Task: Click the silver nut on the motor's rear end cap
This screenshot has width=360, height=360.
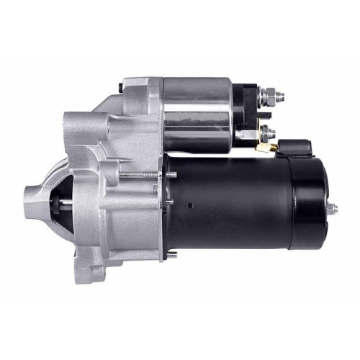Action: click(332, 209)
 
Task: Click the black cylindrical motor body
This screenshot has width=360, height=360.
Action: click(230, 202)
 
